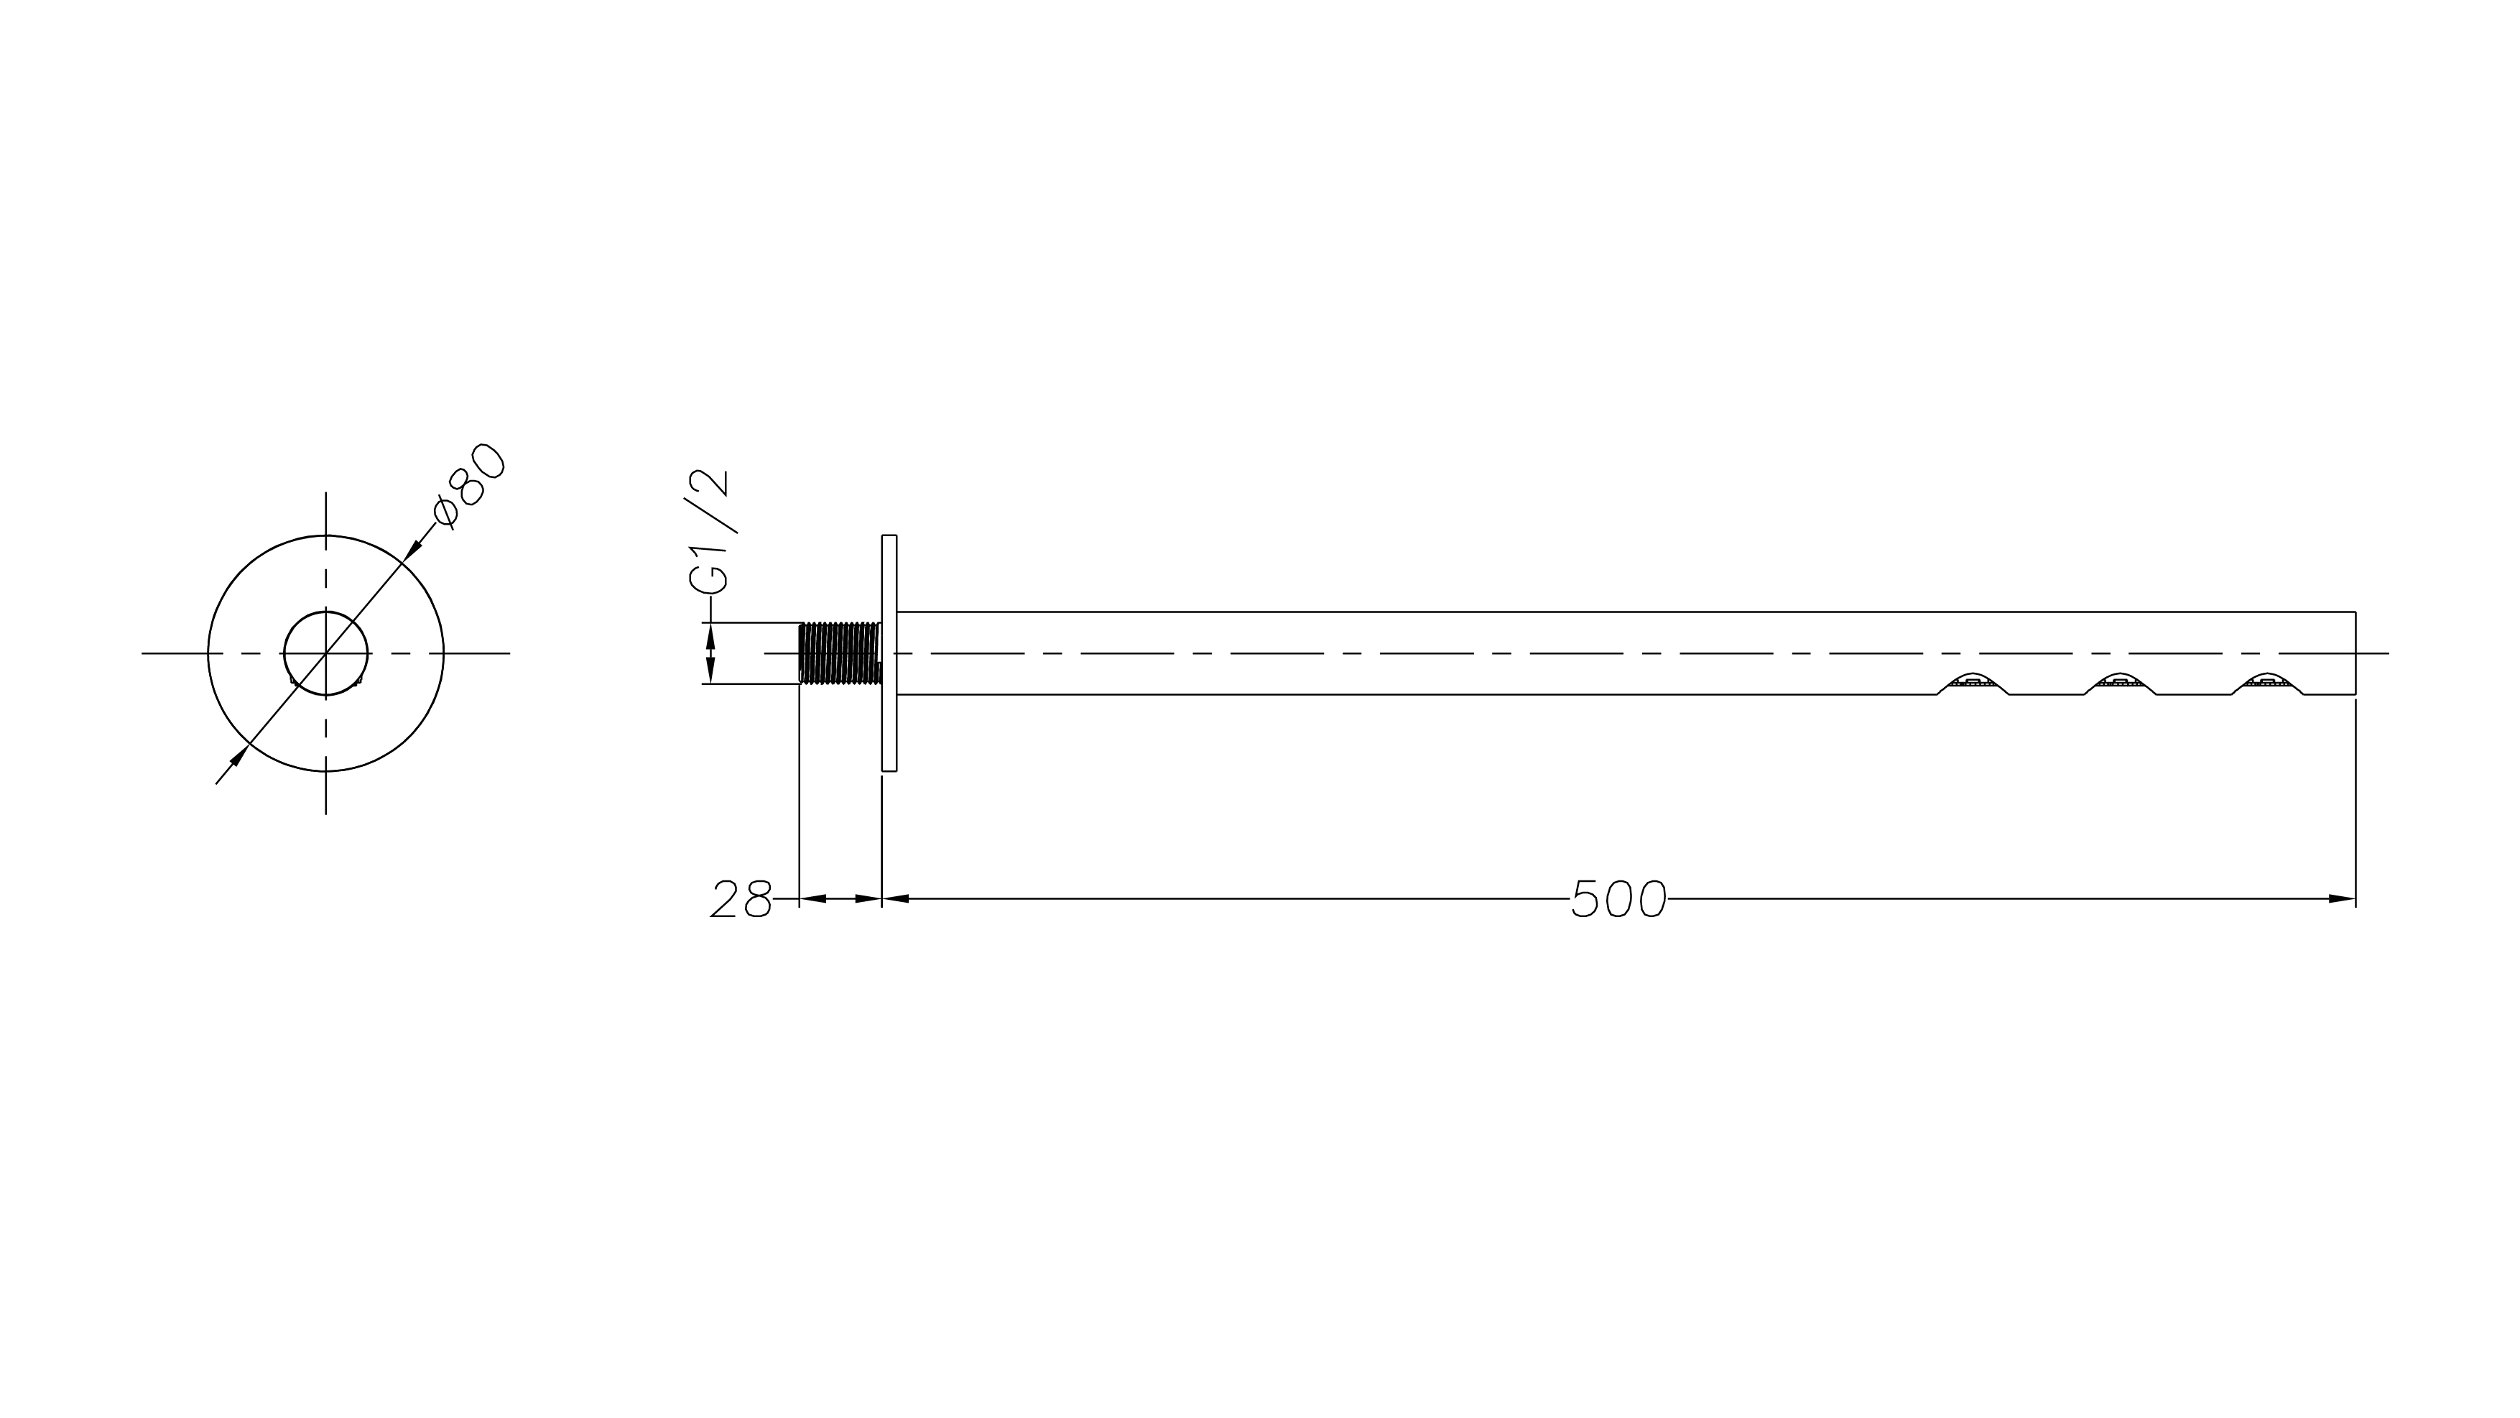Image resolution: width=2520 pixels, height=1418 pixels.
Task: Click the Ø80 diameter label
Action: (471, 487)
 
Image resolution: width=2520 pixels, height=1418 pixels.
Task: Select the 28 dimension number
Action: (741, 898)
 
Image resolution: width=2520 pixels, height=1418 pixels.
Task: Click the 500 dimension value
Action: (1619, 898)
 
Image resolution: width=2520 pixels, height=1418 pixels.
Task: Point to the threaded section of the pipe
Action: (840, 653)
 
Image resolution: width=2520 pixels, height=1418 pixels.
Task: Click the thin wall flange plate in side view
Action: (889, 653)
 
